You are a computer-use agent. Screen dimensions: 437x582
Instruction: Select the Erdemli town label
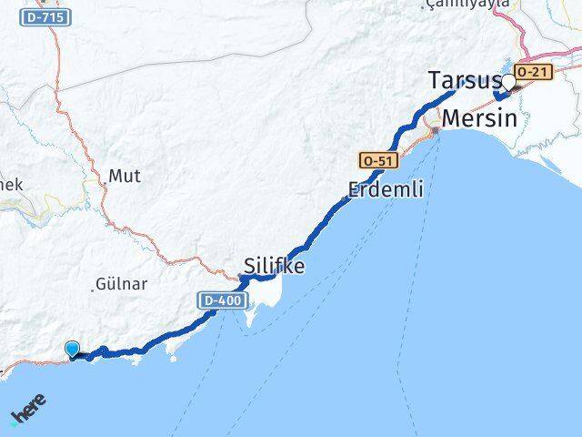click(385, 190)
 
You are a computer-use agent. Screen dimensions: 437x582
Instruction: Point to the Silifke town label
click(274, 266)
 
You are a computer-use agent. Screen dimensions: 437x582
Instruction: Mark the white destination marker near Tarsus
click(508, 84)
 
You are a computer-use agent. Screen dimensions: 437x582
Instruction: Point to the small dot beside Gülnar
click(94, 289)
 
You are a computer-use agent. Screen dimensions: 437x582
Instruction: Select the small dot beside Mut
click(105, 183)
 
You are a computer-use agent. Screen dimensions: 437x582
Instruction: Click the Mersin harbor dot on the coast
click(436, 130)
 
